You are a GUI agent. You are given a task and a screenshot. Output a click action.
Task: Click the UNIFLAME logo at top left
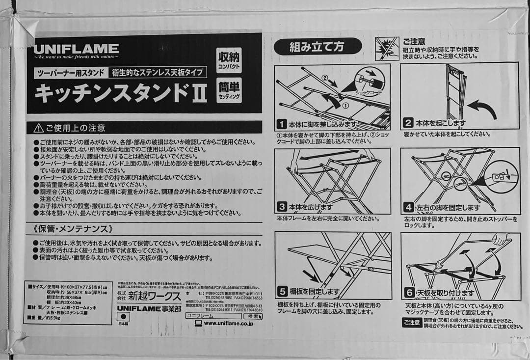point(76,49)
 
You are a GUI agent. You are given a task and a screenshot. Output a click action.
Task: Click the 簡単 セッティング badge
point(229,90)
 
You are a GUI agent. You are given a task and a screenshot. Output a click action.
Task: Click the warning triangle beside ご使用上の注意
point(38,128)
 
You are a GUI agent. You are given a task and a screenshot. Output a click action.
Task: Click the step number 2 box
point(408,123)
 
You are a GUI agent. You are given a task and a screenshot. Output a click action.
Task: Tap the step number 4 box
point(408,207)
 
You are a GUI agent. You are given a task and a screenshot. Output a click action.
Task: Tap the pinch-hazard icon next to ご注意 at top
point(387,49)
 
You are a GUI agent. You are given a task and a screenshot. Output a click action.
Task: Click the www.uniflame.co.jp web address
point(228,324)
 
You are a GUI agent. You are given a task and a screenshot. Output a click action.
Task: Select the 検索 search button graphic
point(253,316)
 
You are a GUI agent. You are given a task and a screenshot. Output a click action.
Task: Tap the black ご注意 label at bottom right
point(412,322)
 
